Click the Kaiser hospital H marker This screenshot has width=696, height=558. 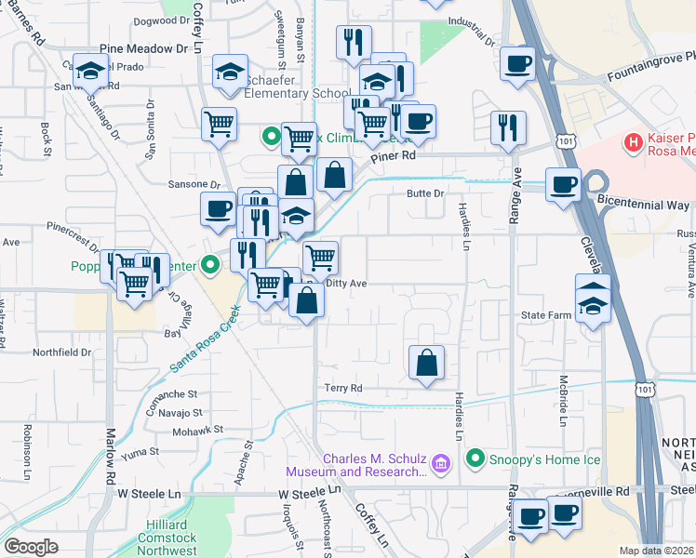coord(634,142)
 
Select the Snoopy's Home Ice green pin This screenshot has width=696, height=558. coord(476,458)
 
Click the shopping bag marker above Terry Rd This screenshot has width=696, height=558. coord(426,362)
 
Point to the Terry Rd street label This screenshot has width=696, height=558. coord(342,388)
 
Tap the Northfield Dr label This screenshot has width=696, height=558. coord(62,352)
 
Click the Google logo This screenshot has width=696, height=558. coord(31,547)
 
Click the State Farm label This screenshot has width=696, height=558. coord(545,315)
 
